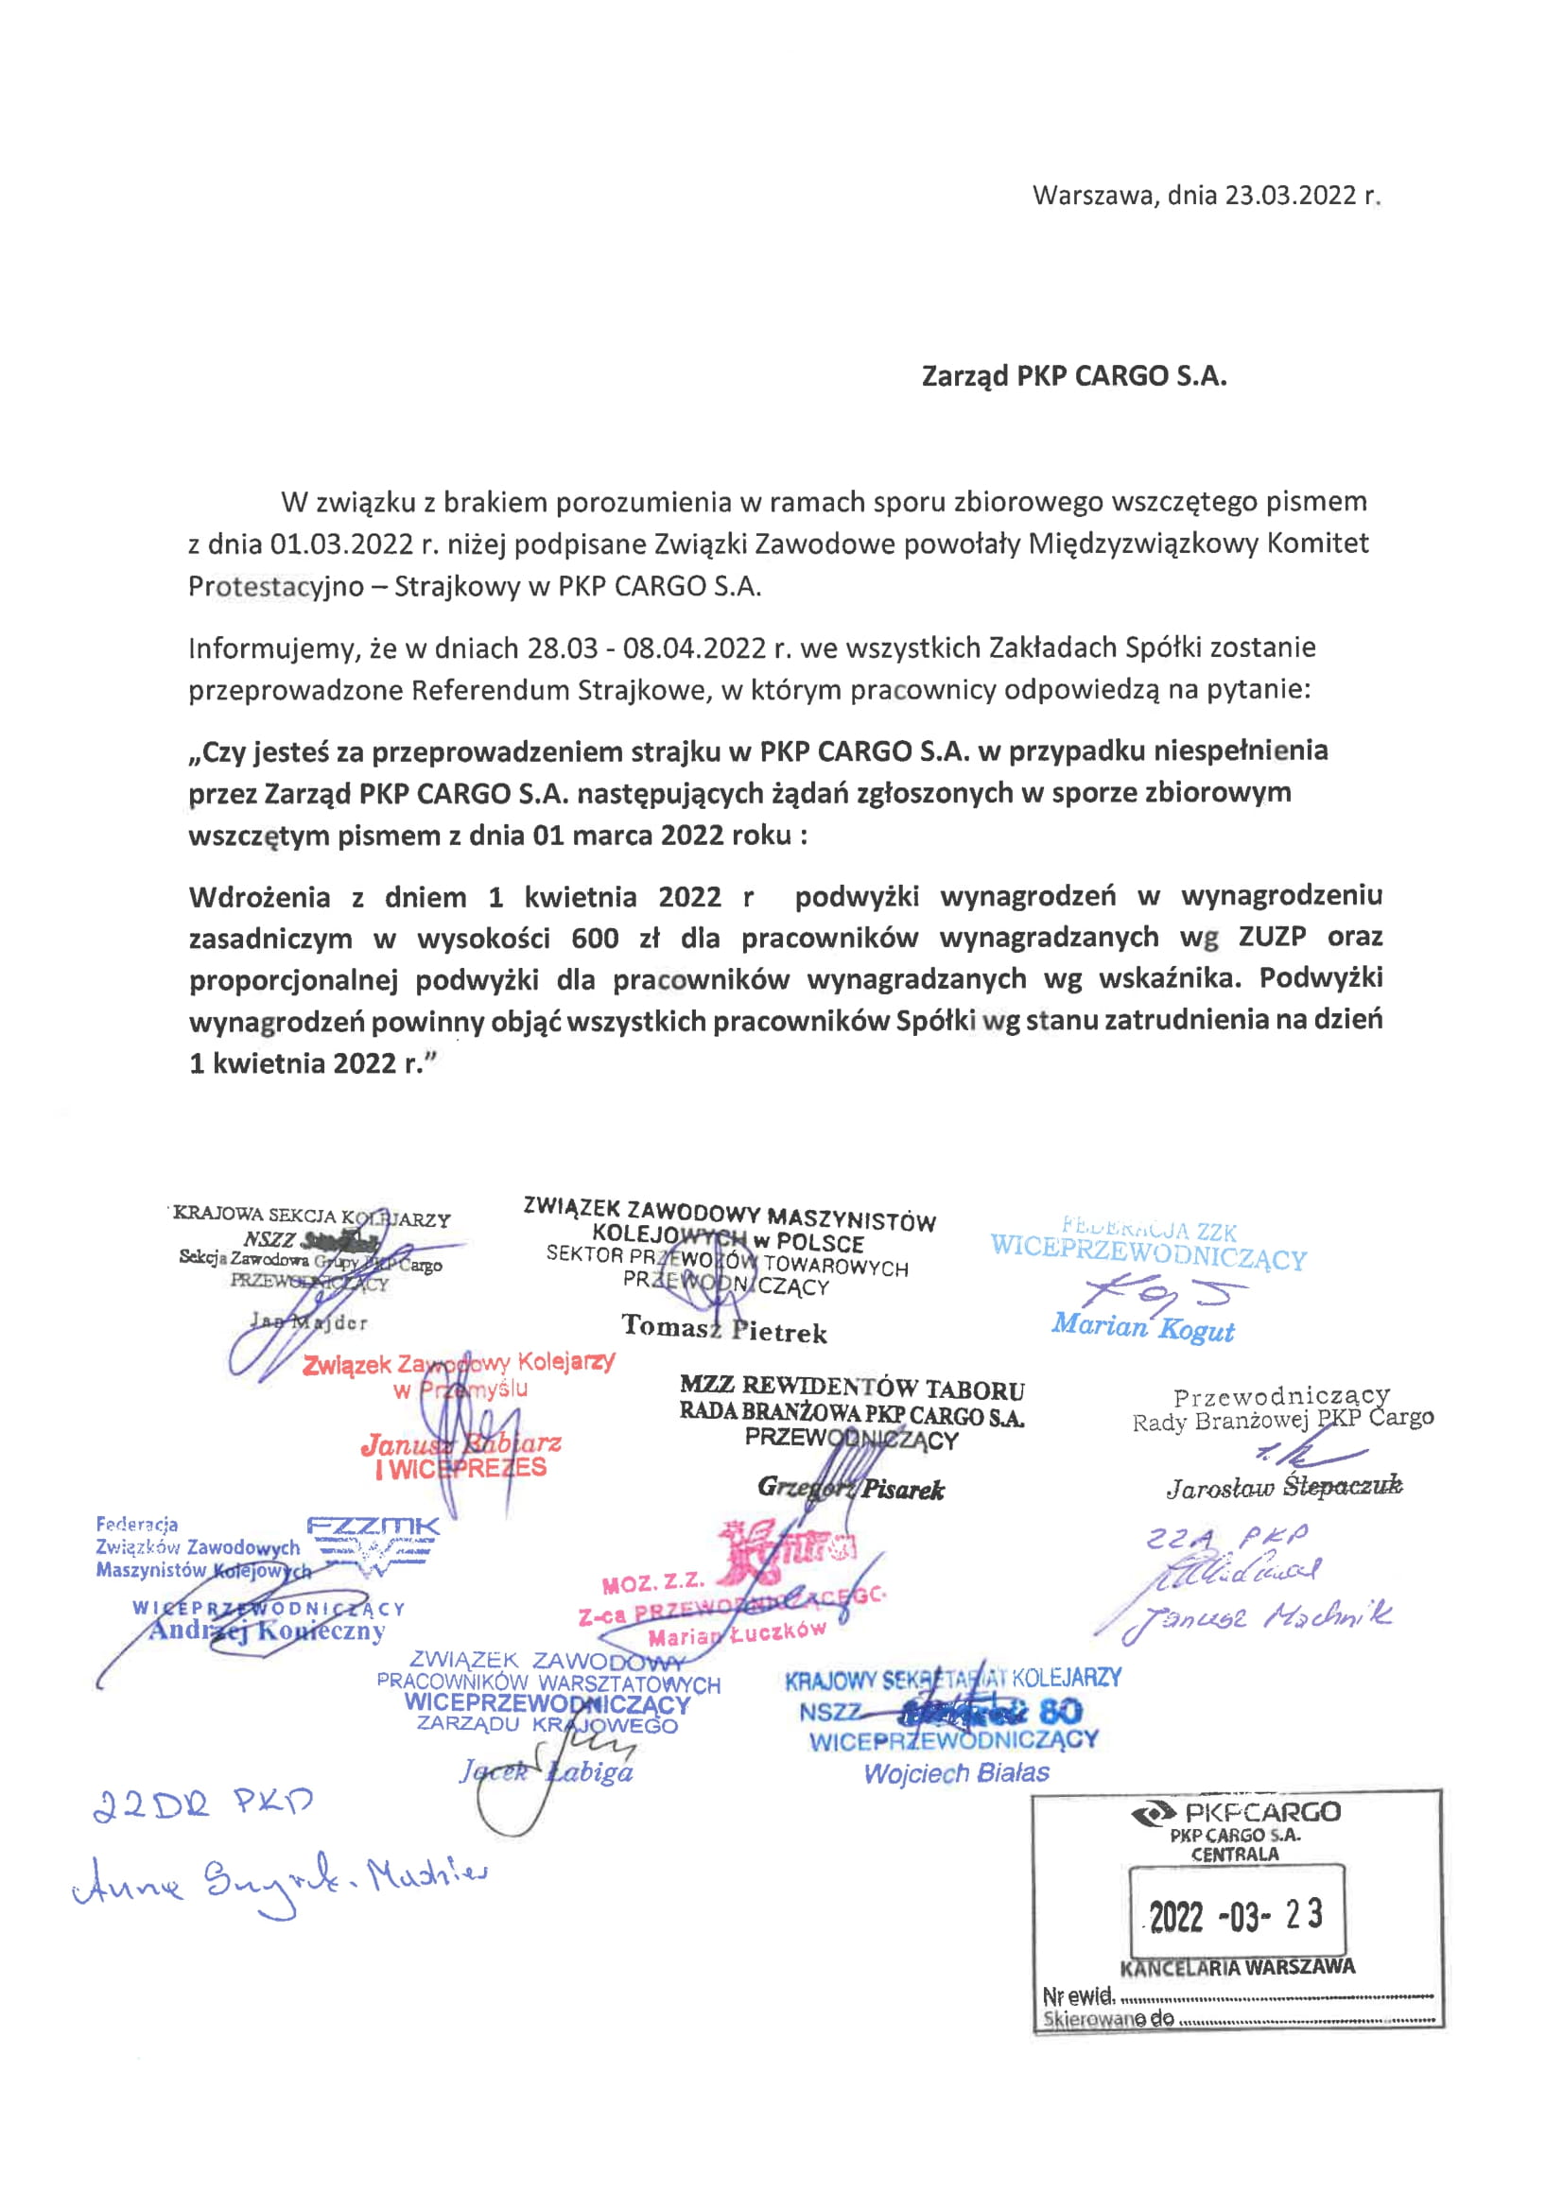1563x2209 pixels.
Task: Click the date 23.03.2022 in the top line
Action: (1290, 196)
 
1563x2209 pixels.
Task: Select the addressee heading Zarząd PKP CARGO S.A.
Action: (1074, 376)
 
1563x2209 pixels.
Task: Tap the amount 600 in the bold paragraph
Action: (595, 937)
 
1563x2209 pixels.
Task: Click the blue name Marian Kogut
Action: (1142, 1327)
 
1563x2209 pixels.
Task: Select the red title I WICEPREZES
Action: (460, 1469)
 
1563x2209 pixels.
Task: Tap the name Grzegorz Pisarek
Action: (851, 1489)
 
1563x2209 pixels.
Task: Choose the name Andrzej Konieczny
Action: (267, 1631)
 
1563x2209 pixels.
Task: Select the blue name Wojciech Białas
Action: (956, 1773)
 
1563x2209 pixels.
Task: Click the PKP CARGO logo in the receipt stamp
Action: (1236, 1814)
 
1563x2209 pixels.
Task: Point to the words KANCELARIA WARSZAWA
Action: (1237, 1968)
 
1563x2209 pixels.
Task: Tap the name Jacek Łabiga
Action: (546, 1772)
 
